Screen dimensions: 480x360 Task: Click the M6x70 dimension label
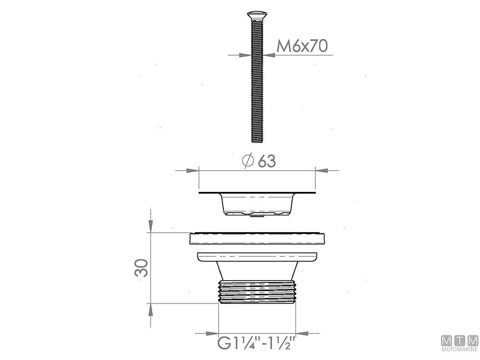pos(302,46)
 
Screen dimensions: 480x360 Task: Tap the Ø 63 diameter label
pos(259,161)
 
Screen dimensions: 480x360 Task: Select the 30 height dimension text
pos(142,268)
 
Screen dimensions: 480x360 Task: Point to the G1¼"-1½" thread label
pos(257,343)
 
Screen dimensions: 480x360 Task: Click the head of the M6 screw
pos(257,14)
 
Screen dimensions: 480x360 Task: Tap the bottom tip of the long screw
pos(257,142)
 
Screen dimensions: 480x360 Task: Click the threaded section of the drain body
pos(257,291)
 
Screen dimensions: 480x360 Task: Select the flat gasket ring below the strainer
pos(257,238)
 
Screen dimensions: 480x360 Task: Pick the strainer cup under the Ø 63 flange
pos(257,204)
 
